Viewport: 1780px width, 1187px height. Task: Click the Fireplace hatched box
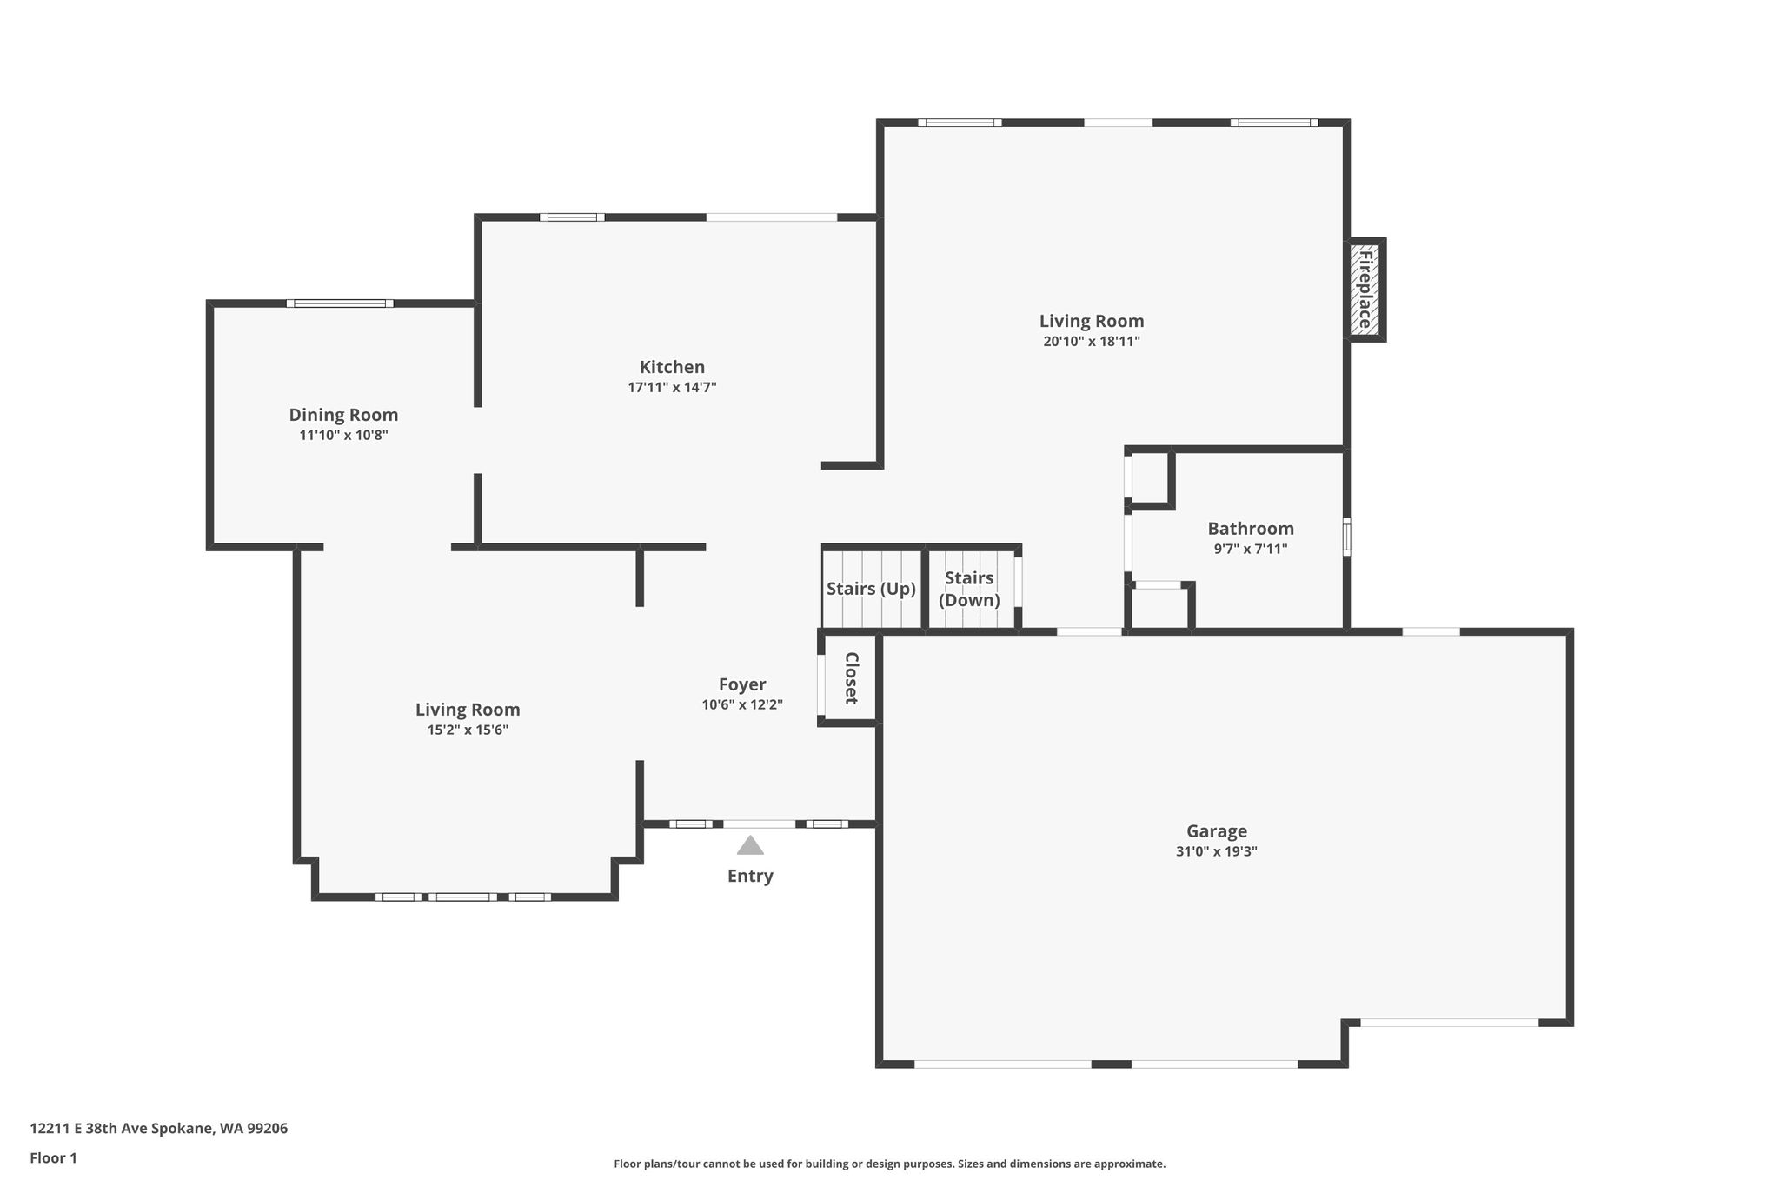1365,290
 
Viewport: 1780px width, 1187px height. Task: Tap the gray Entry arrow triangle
750,845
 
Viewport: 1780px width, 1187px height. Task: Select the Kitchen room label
672,367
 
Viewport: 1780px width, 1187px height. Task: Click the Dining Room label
343,415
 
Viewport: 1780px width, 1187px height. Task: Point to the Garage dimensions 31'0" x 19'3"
1216,851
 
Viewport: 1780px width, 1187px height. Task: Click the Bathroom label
1251,528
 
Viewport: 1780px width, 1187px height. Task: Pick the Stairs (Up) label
871,589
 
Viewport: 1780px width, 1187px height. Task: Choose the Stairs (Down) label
969,589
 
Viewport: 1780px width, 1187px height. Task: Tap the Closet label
852,677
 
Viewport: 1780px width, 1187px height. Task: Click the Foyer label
742,684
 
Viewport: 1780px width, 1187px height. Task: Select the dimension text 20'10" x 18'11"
1092,342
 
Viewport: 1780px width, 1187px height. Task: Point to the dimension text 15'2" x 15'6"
468,730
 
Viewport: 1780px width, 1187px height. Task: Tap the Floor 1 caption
54,1158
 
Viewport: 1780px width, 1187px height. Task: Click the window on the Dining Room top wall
340,303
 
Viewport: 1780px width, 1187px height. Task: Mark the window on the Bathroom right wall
1347,537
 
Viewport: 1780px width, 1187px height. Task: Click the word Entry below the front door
750,876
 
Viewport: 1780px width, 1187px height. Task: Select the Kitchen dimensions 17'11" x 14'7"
672,388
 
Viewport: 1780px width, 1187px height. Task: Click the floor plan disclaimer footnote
889,1164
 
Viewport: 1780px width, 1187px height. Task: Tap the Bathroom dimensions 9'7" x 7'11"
1251,549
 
